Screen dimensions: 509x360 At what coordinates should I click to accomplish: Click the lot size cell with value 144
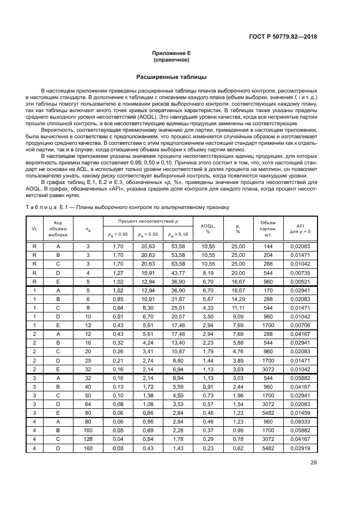click(x=268, y=246)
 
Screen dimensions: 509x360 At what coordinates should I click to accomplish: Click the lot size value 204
click(x=268, y=255)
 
